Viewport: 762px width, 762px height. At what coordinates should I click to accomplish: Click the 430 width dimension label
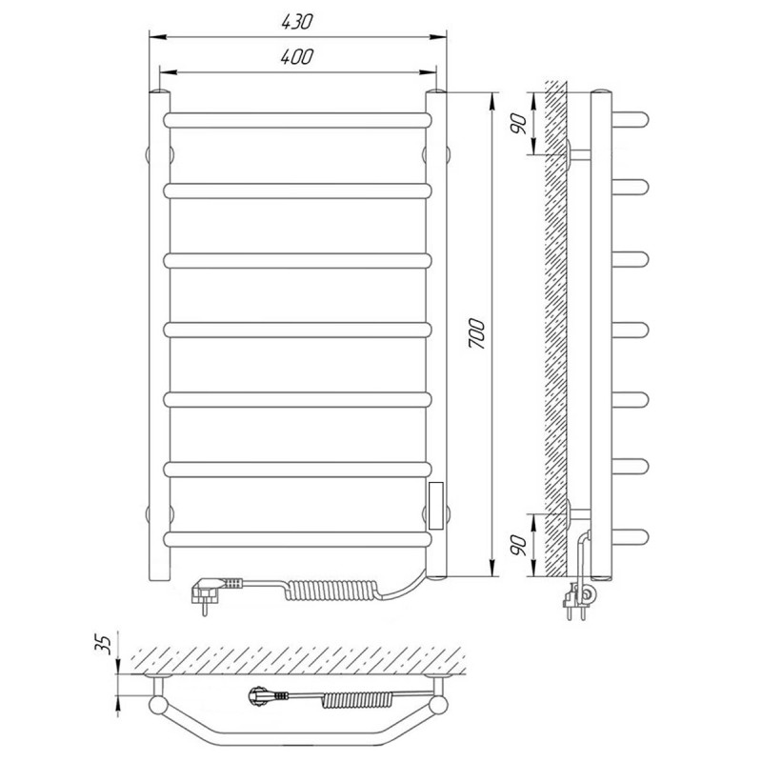pyautogui.click(x=297, y=22)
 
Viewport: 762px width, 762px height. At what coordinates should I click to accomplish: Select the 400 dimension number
pyautogui.click(x=297, y=57)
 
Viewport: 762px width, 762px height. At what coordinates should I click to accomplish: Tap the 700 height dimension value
pyautogui.click(x=477, y=333)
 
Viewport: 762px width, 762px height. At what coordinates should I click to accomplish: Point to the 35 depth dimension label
pyautogui.click(x=104, y=644)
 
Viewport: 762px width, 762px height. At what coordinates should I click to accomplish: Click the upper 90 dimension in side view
pyautogui.click(x=518, y=124)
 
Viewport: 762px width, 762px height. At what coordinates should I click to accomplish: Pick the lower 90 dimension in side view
pyautogui.click(x=518, y=545)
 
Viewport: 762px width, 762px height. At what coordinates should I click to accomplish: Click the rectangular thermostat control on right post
pyautogui.click(x=436, y=506)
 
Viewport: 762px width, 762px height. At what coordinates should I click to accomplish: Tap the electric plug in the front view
pyautogui.click(x=209, y=592)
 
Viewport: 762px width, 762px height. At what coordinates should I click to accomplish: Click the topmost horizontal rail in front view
pyautogui.click(x=297, y=121)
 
